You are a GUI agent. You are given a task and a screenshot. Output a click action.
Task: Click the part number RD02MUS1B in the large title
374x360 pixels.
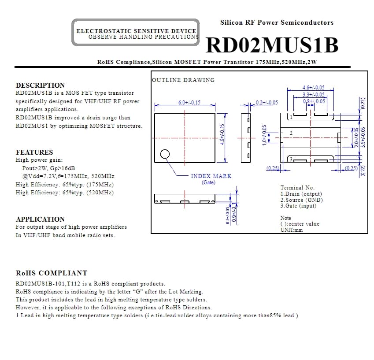click(x=272, y=45)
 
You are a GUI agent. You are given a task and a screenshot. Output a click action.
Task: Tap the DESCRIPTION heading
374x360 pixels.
click(x=40, y=85)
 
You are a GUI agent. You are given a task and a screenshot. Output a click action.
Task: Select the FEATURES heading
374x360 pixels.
click(x=34, y=152)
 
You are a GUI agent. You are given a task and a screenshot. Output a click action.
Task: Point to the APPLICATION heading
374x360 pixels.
click(x=40, y=219)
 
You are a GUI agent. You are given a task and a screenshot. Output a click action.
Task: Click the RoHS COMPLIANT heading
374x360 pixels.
click(x=52, y=273)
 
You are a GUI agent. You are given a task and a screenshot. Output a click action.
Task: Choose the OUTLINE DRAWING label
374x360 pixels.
click(x=183, y=80)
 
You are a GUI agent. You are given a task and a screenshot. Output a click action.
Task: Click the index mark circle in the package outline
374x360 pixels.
click(x=165, y=154)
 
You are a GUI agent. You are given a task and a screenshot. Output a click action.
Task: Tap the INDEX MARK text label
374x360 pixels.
click(x=211, y=176)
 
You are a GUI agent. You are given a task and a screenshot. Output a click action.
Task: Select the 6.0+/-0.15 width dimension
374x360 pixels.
click(x=189, y=102)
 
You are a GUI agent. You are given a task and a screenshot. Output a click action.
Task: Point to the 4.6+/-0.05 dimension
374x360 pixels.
click(x=313, y=88)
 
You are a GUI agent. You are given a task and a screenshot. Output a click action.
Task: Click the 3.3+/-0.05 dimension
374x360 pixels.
click(x=313, y=94)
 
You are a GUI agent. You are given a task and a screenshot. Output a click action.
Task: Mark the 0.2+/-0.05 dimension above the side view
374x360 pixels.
click(x=267, y=102)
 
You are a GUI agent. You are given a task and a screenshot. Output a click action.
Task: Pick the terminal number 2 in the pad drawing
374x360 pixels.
click(x=291, y=133)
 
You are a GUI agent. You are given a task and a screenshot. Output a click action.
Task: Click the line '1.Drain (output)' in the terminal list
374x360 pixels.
click(x=301, y=194)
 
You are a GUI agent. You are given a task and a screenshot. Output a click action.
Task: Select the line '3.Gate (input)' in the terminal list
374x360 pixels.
click(x=298, y=206)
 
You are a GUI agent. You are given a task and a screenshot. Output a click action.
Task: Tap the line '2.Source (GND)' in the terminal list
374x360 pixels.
click(x=301, y=200)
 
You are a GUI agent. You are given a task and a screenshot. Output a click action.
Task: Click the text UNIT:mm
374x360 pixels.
click(x=291, y=230)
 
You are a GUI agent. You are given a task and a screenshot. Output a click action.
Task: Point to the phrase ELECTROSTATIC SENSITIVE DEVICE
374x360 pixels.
click(x=136, y=31)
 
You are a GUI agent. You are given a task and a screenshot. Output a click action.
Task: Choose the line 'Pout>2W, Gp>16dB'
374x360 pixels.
click(x=48, y=168)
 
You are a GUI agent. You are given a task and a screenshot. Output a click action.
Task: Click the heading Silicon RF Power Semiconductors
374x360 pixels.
click(x=277, y=22)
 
